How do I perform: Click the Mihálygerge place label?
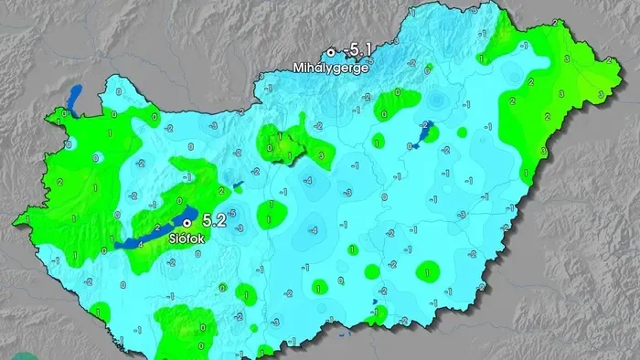[x=331, y=68]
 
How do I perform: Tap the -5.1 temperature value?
[x=354, y=51]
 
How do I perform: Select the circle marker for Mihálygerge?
[x=331, y=53]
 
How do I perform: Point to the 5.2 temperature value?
[x=214, y=220]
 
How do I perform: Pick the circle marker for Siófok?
[x=187, y=222]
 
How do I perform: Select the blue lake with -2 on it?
[x=424, y=133]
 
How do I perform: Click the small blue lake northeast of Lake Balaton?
[x=236, y=186]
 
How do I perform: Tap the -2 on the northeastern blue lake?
[x=426, y=125]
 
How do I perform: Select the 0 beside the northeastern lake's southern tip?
[x=409, y=146]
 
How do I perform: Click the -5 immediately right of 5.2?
[x=233, y=214]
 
